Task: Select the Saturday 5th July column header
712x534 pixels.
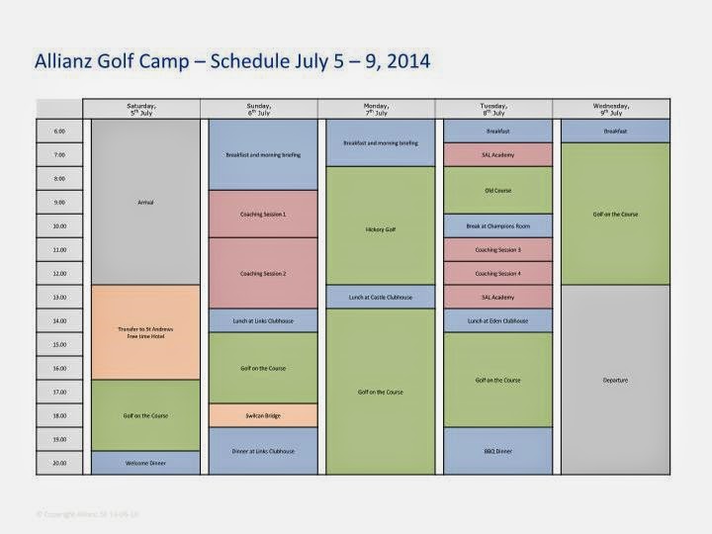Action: click(140, 108)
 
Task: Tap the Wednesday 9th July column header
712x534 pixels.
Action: click(614, 108)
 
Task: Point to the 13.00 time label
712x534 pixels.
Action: click(58, 297)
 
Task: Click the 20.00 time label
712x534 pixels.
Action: click(58, 463)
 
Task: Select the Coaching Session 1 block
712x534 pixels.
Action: click(263, 214)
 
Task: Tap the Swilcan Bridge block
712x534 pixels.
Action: click(263, 415)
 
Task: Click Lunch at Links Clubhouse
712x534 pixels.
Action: click(263, 320)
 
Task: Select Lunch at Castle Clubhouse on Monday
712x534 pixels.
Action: click(381, 297)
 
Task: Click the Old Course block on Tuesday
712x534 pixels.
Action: click(498, 190)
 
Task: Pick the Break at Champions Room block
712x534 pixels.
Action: click(498, 225)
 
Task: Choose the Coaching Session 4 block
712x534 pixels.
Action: click(498, 273)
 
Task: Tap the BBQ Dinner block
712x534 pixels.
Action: click(498, 451)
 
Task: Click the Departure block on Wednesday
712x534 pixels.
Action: click(614, 380)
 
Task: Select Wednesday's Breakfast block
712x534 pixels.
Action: click(614, 131)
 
